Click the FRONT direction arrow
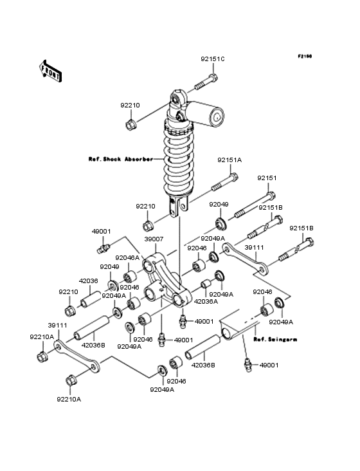(x=50, y=71)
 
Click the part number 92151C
(x=212, y=59)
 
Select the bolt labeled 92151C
(x=206, y=82)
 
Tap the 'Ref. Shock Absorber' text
(x=121, y=159)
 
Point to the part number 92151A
(x=230, y=160)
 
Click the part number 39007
(x=154, y=239)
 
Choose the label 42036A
(x=206, y=302)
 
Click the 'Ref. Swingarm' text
(x=275, y=340)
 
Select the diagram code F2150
(x=305, y=56)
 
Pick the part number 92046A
(x=127, y=258)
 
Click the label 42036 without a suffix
(x=88, y=281)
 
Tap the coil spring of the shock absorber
(x=179, y=159)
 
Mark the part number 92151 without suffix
(x=267, y=178)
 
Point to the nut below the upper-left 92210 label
(x=130, y=124)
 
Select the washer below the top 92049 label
(x=221, y=224)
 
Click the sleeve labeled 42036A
(x=206, y=284)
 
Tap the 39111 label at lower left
(x=58, y=326)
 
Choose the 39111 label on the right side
(x=254, y=247)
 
